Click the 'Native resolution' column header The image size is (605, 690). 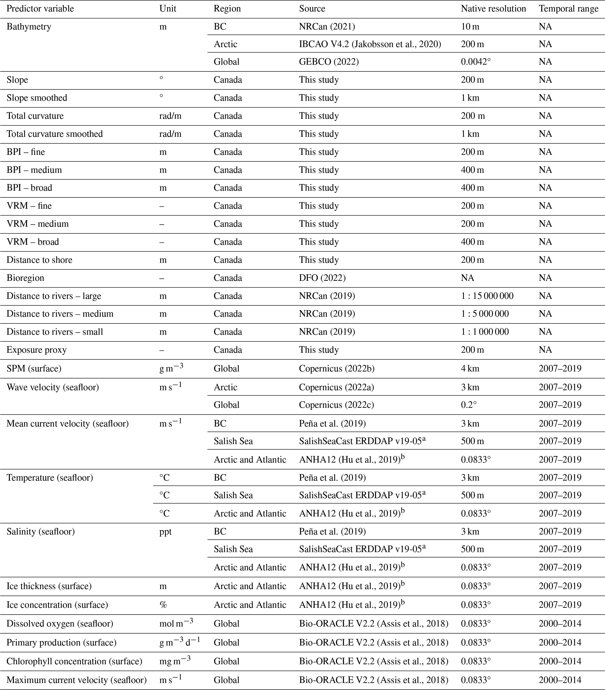coord(493,9)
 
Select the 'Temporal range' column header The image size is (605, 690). coord(568,9)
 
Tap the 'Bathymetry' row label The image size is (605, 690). coord(29,27)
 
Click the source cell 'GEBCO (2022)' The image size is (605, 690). coord(329,62)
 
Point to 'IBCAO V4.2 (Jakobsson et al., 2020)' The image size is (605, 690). coord(370,44)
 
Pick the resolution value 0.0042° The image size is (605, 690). coord(476,62)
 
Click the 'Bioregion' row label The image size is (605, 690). coord(25,278)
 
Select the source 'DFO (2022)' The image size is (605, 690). coord(322,278)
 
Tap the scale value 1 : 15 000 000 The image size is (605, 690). coord(487,296)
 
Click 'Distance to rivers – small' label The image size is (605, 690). coord(55,332)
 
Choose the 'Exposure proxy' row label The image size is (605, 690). coord(37,350)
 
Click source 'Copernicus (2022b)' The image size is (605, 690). coord(337,369)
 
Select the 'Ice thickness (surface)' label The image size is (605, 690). coord(49,586)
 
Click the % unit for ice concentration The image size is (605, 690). coord(163,605)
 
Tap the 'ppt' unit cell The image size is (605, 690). coord(165,532)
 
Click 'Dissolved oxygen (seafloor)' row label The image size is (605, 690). coord(60,624)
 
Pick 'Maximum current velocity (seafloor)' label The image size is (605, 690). coord(77,680)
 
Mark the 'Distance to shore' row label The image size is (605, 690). coord(40,260)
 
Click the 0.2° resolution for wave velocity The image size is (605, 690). coord(469,405)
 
